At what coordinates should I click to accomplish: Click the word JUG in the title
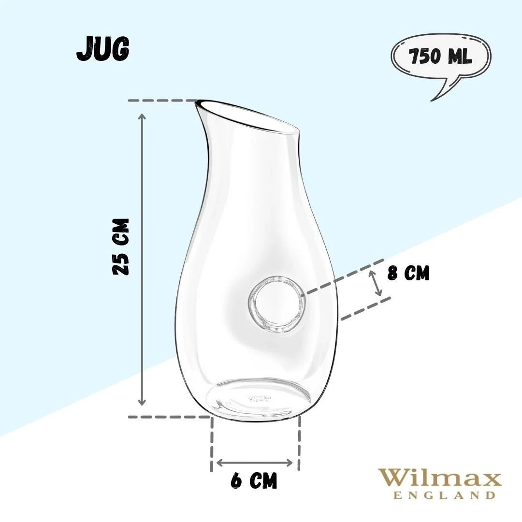click(102, 49)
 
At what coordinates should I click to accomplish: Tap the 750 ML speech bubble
click(440, 58)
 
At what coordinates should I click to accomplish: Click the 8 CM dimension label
click(408, 273)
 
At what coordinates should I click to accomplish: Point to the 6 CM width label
click(254, 481)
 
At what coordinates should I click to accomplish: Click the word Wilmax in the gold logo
click(439, 478)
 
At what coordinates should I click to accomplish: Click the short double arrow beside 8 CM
click(376, 283)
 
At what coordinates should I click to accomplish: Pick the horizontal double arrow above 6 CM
click(255, 463)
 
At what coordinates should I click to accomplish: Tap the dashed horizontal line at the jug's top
click(162, 101)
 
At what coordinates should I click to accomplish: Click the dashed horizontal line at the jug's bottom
click(169, 417)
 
